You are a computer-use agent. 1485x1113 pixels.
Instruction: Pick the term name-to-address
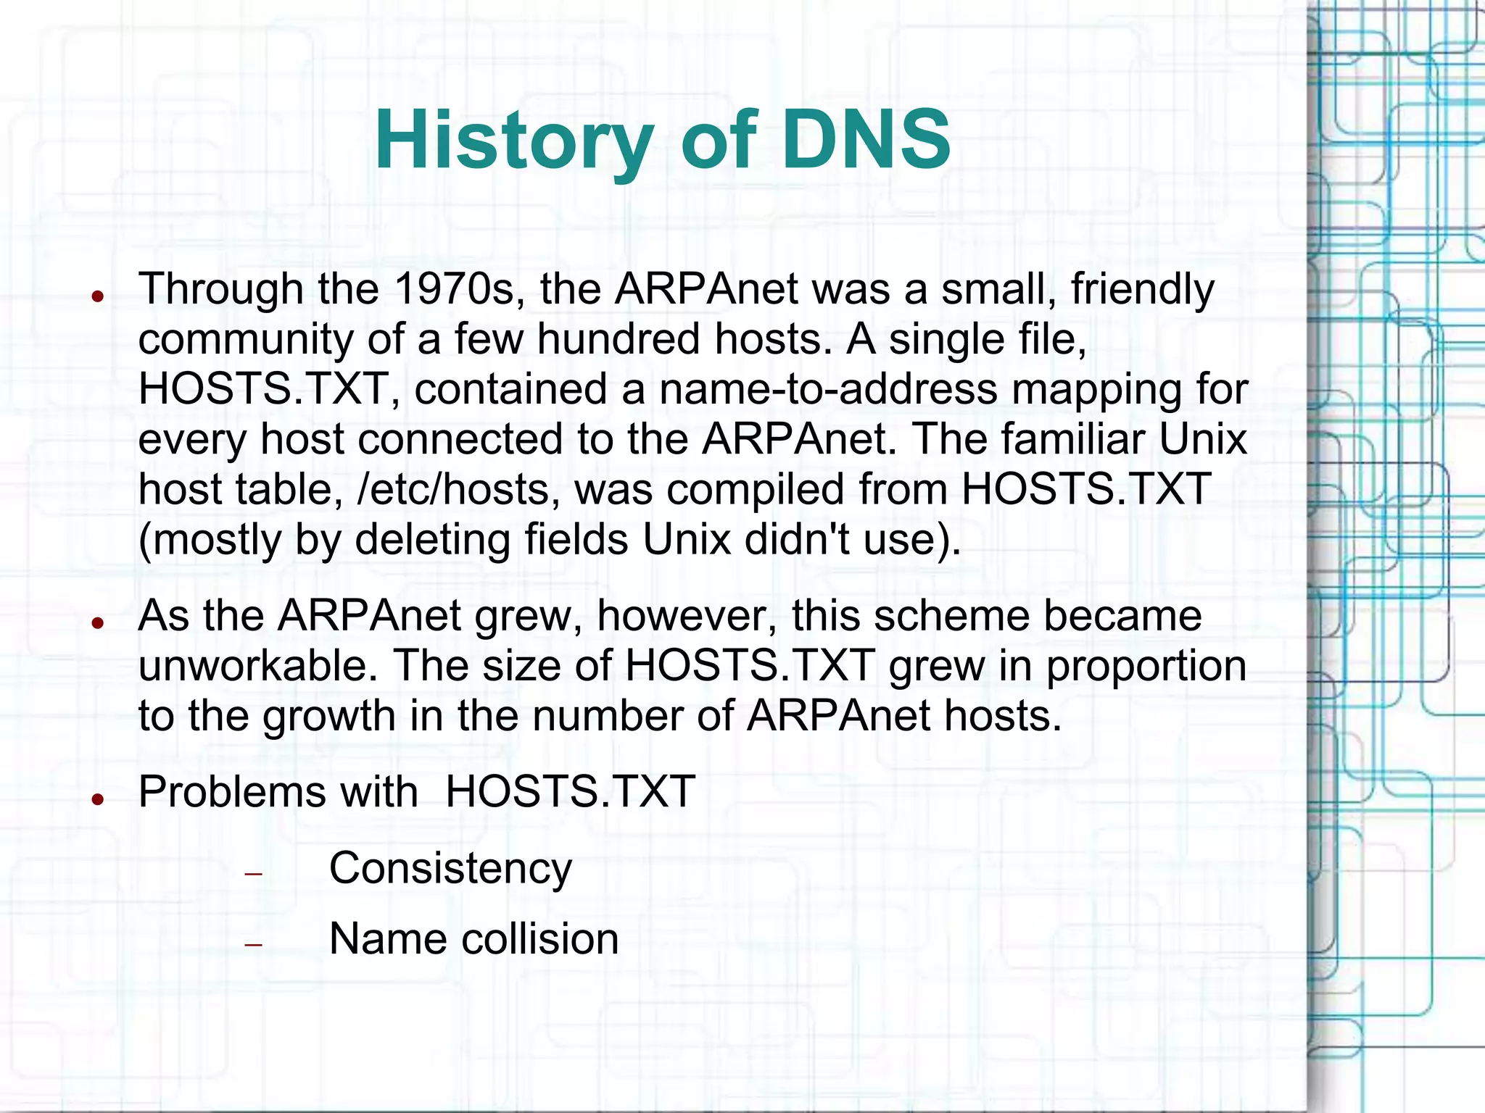click(x=828, y=389)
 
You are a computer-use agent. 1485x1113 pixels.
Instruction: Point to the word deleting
click(x=433, y=540)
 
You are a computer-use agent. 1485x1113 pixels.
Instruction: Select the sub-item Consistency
click(x=450, y=868)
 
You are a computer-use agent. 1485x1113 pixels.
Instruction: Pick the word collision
click(x=540, y=939)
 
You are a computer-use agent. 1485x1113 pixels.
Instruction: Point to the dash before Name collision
click(x=253, y=945)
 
